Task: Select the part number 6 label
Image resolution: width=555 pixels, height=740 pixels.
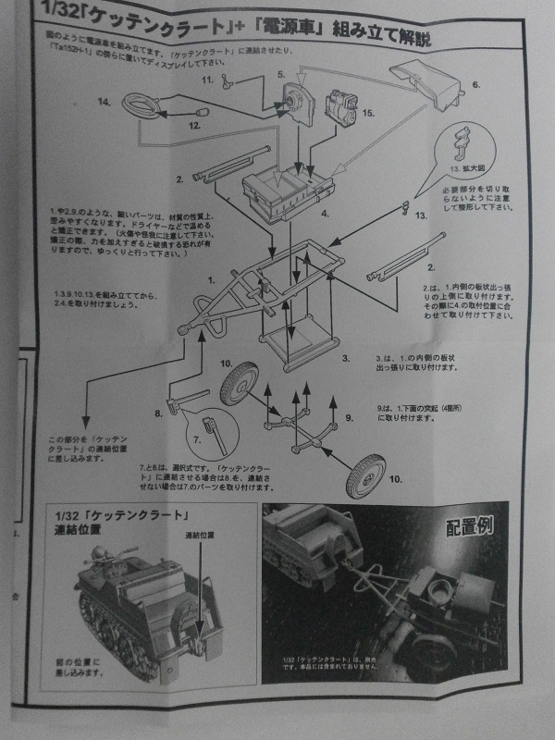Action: tap(477, 84)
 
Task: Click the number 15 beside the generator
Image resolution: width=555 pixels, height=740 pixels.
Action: tap(367, 113)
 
